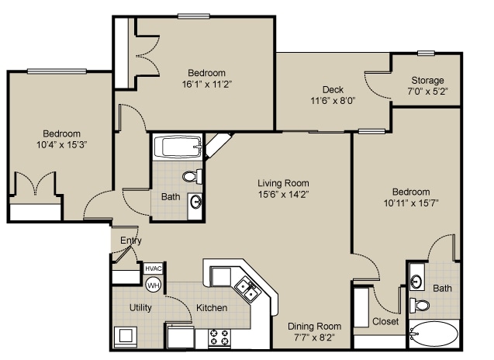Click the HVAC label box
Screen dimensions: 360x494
click(153, 269)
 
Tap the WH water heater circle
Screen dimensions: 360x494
click(153, 285)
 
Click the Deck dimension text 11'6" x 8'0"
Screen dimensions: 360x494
click(333, 101)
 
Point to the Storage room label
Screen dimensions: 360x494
click(427, 80)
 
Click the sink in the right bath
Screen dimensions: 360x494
click(416, 281)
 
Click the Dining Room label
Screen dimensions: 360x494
click(314, 327)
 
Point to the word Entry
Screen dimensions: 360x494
click(131, 241)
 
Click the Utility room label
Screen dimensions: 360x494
click(140, 308)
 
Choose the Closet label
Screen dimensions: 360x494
click(385, 321)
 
